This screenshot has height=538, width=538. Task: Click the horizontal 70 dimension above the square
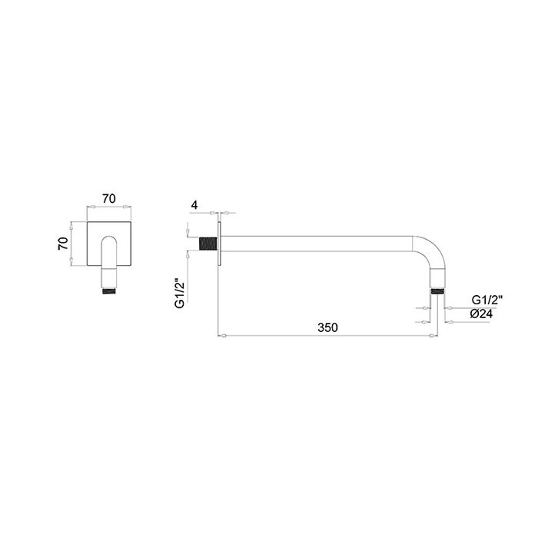109,198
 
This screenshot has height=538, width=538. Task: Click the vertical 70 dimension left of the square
63,244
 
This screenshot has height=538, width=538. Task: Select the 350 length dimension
327,327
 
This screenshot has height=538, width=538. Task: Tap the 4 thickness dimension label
194,205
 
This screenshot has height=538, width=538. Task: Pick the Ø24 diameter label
481,314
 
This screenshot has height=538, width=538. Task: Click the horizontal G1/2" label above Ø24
487,300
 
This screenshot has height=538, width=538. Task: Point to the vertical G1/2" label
180,294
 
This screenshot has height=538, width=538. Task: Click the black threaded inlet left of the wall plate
208,244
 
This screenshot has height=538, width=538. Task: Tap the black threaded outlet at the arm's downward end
438,291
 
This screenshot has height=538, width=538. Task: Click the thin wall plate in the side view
219,244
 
